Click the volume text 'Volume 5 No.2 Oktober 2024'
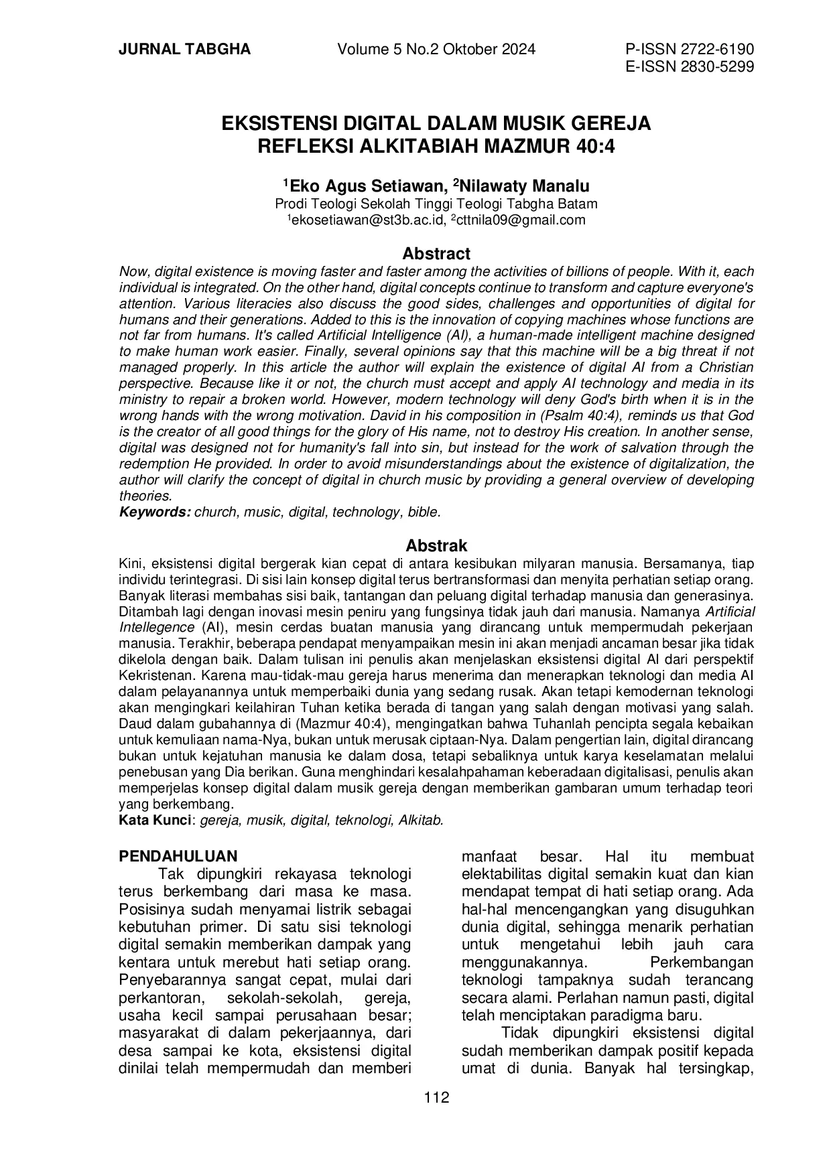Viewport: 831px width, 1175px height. tap(436, 50)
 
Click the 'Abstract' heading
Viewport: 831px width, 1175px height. tap(436, 254)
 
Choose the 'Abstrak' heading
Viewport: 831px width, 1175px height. tap(436, 545)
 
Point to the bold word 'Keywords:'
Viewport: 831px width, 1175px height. tap(155, 512)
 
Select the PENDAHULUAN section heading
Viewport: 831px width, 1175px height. tap(178, 856)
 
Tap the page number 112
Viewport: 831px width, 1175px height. tap(436, 1097)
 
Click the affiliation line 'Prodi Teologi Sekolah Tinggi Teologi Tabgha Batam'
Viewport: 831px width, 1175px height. tap(436, 204)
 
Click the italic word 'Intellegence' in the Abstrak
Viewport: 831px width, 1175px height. tap(156, 627)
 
